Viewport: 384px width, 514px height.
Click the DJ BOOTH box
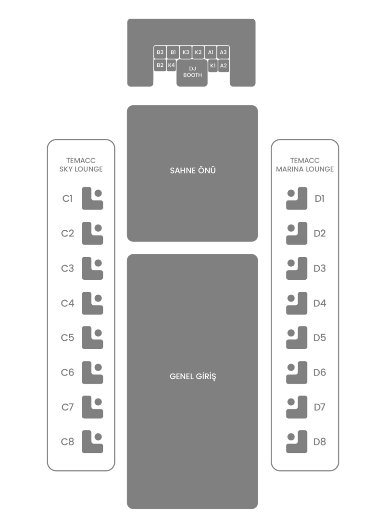click(192, 73)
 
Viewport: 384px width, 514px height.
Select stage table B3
click(160, 52)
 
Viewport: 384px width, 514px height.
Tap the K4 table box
click(171, 65)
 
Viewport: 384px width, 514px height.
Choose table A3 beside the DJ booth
click(223, 52)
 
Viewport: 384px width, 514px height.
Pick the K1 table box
click(213, 65)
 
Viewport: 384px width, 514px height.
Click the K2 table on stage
click(198, 52)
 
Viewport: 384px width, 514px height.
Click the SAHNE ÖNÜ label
click(193, 171)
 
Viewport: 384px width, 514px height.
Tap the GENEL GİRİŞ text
click(193, 376)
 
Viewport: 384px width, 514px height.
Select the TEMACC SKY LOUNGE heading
click(81, 165)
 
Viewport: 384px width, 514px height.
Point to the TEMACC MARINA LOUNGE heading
click(305, 165)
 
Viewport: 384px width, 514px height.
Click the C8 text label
click(68, 442)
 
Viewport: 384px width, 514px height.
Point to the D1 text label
click(319, 199)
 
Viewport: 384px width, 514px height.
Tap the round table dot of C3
click(98, 263)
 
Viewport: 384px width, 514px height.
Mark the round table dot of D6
click(291, 367)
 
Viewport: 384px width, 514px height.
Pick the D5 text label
click(319, 338)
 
